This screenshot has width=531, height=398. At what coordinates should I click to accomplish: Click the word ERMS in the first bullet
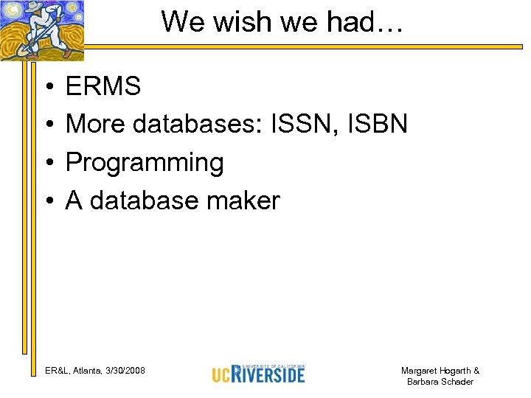point(103,87)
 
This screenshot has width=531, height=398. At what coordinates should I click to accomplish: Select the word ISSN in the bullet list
point(310,125)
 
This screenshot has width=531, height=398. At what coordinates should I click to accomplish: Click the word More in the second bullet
point(96,125)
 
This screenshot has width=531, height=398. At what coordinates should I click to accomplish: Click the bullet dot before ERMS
point(46,88)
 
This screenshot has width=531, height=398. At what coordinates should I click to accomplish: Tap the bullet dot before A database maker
point(46,201)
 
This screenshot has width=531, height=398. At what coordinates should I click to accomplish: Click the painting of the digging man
point(42,29)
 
